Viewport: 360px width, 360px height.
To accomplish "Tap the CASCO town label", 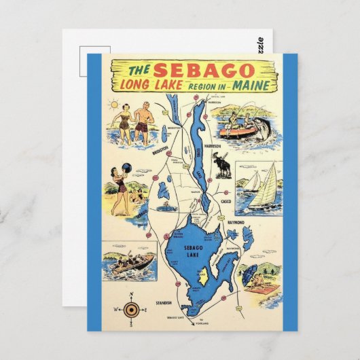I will tap(226, 201).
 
